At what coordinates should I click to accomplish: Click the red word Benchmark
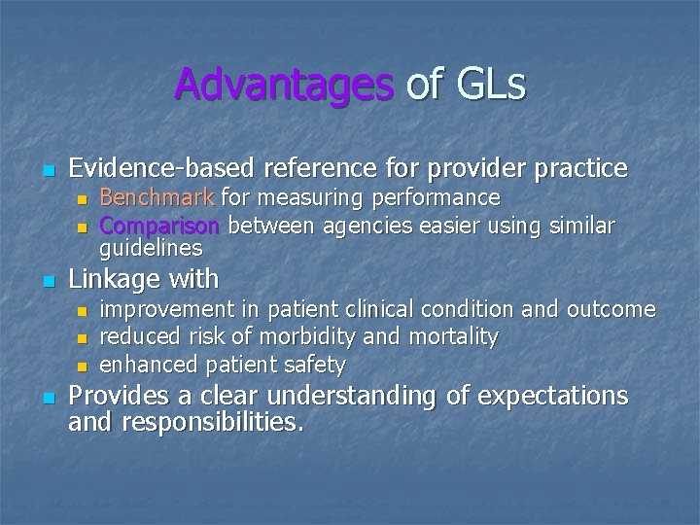[x=158, y=198]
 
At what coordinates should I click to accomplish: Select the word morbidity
[x=324, y=337]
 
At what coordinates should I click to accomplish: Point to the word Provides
[x=121, y=397]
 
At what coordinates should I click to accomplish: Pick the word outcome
[x=614, y=310]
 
